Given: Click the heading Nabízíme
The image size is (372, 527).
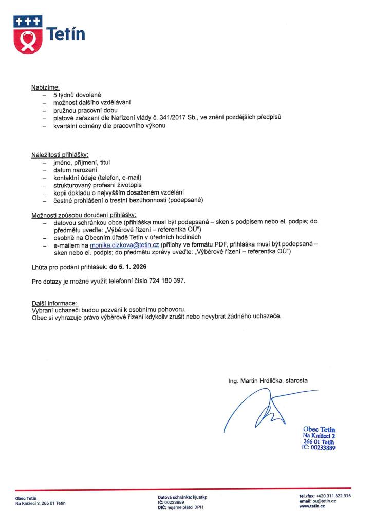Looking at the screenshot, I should (46, 87).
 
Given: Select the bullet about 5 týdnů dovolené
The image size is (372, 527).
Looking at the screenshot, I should (78, 96).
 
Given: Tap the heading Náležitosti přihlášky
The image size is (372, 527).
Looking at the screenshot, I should (60, 155).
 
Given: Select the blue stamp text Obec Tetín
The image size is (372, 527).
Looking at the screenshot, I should (319, 429).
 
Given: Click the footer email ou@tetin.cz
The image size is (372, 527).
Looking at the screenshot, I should (324, 501).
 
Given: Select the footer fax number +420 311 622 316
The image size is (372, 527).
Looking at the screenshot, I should (333, 496).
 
